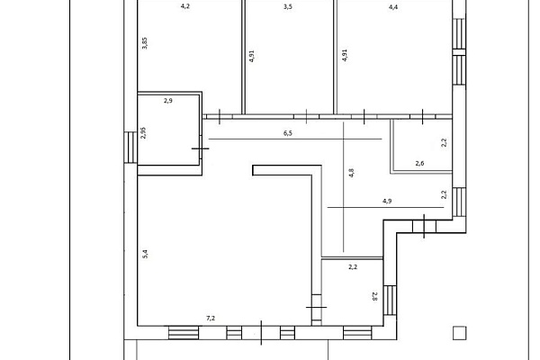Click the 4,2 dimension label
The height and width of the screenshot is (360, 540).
coord(185,6)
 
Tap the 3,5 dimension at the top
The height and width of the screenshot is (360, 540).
coord(288,6)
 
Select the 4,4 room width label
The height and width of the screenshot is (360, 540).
coord(393,6)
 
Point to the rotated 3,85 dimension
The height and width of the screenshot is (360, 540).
coord(145,43)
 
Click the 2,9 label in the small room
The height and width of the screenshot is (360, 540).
coord(168,101)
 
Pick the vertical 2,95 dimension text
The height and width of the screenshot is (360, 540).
coord(144,132)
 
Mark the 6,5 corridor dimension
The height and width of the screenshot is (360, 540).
coord(288,133)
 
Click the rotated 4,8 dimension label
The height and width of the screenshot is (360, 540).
coord(351,173)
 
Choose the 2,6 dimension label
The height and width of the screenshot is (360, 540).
coord(419,163)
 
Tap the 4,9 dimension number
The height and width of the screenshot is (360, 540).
coord(387,201)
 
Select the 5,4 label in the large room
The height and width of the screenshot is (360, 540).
coord(145,254)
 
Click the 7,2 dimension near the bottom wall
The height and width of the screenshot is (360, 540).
coord(211,319)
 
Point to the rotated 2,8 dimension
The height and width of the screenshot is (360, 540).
coord(375,296)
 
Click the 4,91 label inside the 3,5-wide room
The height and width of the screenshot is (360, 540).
coord(252,56)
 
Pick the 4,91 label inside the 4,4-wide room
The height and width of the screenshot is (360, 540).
coord(345,55)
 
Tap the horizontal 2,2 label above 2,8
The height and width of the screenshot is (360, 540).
coord(353,267)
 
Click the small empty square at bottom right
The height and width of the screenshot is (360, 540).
coord(459,333)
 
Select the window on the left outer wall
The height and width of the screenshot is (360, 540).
coord(130,148)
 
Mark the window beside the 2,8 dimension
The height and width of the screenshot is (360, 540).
coord(390,301)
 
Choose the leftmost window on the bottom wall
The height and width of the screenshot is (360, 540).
coord(184,333)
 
